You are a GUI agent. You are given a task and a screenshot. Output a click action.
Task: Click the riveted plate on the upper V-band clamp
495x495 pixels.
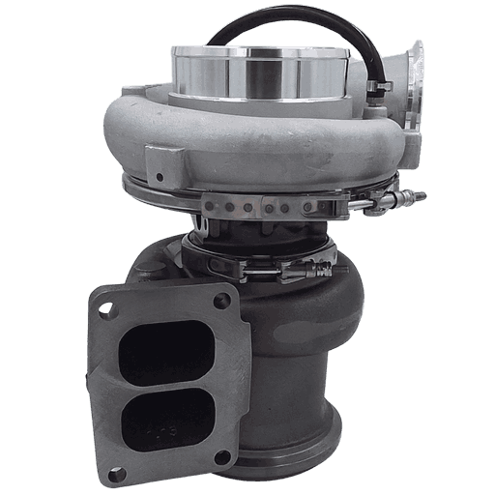(261, 206)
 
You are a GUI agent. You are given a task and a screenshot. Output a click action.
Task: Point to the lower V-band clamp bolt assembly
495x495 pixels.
(290, 270)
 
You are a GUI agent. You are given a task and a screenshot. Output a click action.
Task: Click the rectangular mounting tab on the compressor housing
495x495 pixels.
(162, 162)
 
